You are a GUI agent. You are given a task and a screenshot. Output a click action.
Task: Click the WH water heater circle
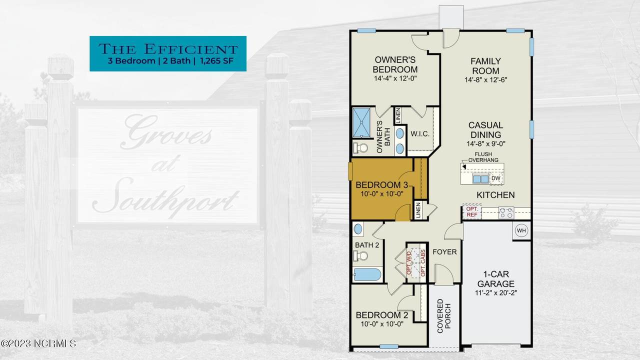point(521,230)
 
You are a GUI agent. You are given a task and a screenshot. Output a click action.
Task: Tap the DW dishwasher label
point(495,178)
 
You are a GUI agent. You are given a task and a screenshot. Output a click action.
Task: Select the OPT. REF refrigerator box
point(472,211)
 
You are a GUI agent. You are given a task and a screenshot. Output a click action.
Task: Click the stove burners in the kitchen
point(506,212)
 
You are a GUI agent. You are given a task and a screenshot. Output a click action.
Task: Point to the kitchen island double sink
point(480,179)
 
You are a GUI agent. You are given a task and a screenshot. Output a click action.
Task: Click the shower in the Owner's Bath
point(361,123)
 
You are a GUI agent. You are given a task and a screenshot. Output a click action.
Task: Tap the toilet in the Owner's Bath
point(360,147)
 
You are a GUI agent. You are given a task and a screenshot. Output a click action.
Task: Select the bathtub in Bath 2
point(367,274)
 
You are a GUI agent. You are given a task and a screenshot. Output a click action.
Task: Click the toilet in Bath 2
point(360,255)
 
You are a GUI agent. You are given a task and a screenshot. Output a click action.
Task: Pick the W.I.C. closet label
point(420,133)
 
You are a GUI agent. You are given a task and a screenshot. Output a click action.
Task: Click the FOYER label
point(444,251)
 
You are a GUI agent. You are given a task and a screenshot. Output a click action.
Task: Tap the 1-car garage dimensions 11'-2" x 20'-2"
point(496,293)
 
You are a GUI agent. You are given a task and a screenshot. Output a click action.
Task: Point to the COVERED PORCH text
point(443,316)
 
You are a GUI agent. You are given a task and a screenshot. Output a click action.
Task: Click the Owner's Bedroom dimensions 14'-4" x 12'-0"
point(395,78)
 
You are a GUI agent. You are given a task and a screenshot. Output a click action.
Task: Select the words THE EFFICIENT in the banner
point(168,49)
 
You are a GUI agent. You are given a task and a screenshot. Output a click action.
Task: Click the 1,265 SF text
point(217,61)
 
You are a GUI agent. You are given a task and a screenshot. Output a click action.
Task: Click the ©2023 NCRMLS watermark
point(38,343)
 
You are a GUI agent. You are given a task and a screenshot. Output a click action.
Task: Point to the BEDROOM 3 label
point(381,185)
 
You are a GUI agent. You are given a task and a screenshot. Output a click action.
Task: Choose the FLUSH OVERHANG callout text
point(483,157)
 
